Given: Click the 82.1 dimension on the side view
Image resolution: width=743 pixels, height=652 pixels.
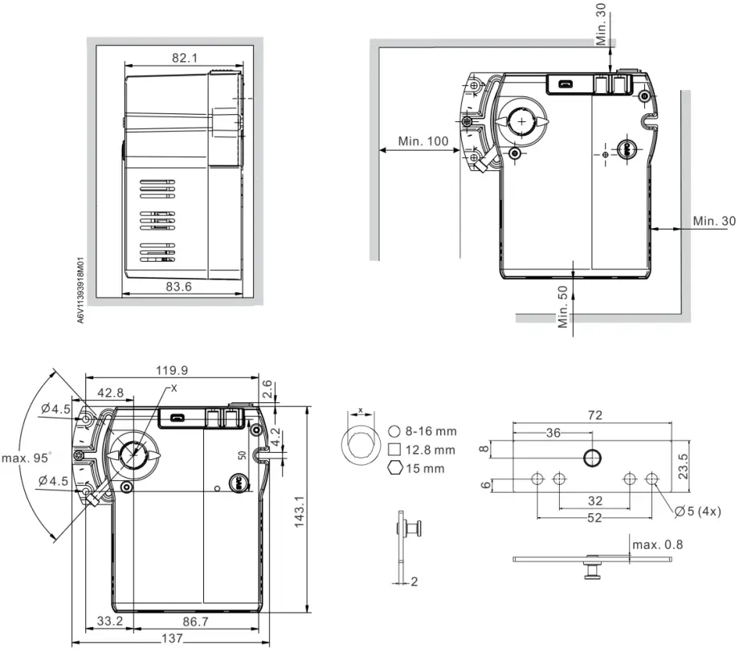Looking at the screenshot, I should [x=184, y=57].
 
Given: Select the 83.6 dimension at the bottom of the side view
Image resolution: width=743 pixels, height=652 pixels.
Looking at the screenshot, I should [x=184, y=287].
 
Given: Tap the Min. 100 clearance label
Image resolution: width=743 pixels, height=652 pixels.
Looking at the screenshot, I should [x=423, y=141].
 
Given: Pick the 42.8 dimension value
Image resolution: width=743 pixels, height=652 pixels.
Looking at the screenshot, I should [x=110, y=393].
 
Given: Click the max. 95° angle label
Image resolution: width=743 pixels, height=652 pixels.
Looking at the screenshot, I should [x=27, y=458].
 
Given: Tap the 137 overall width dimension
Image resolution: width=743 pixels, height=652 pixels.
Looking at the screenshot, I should [x=169, y=638].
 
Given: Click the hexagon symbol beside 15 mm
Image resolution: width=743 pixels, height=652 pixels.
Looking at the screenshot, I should [x=394, y=468].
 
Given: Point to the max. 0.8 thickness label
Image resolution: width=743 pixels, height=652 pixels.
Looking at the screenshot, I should [x=658, y=545].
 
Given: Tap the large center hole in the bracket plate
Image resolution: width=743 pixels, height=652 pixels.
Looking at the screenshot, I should [x=593, y=458].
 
